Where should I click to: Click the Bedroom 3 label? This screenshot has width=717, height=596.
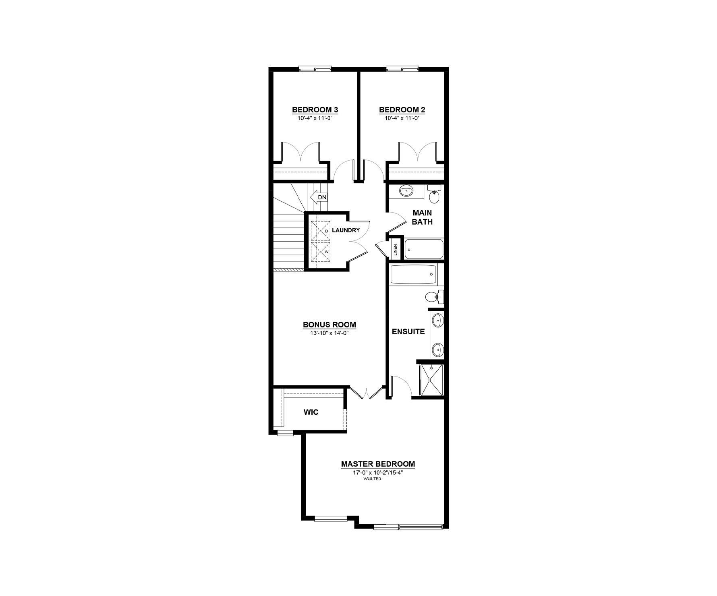point(315,110)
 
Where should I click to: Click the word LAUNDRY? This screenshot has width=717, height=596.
point(346,230)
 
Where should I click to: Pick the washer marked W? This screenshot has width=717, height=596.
point(321,252)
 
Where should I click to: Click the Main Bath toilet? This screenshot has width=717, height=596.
point(434,195)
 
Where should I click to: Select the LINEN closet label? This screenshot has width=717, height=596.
point(396,250)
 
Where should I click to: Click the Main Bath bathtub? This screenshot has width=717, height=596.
point(424,249)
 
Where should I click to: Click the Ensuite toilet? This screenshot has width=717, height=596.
point(434,297)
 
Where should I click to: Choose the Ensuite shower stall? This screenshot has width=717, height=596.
point(431,380)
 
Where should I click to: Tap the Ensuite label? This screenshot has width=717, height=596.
point(408,331)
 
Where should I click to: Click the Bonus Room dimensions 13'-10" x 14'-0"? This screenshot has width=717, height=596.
point(329,333)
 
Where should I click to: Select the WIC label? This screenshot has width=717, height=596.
point(311,412)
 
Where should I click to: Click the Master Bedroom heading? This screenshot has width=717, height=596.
point(378,464)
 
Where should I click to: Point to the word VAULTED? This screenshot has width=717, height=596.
point(372,479)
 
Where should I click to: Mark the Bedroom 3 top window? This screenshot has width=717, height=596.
point(315,69)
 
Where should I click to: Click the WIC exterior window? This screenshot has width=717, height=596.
point(286,433)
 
